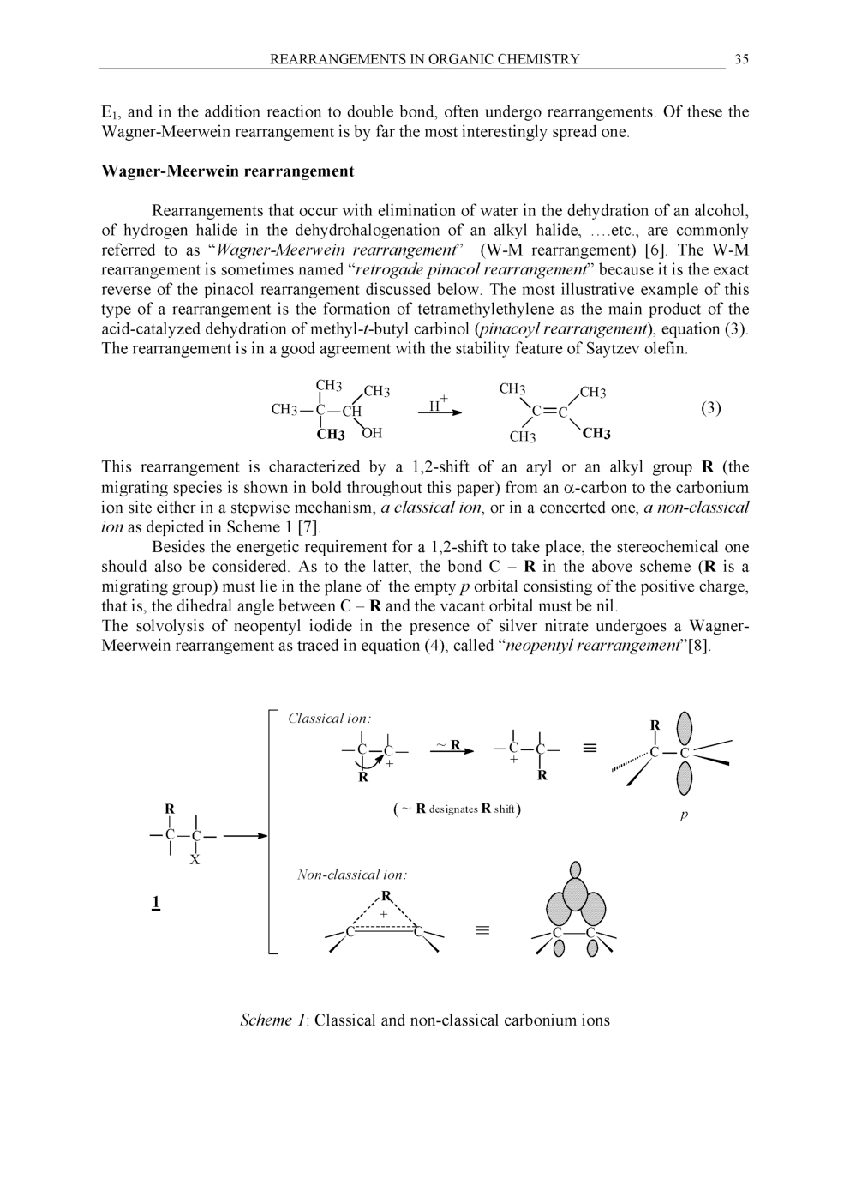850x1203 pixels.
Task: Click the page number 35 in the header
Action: click(741, 59)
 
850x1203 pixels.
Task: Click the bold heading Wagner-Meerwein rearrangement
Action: click(227, 171)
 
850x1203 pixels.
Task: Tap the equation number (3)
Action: click(710, 408)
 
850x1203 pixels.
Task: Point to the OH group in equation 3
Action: click(372, 433)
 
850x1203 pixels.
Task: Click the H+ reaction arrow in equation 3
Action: click(440, 411)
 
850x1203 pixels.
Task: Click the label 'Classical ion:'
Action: click(329, 719)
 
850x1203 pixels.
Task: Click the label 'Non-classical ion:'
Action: click(351, 875)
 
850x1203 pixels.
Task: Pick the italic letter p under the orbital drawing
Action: click(684, 815)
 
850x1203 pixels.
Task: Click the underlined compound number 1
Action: click(156, 902)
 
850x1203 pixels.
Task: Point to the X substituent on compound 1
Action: click(195, 860)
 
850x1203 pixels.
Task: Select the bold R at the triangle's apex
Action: click(386, 896)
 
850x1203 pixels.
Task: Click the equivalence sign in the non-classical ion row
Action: click(482, 930)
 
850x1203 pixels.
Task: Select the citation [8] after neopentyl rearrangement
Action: click(699, 646)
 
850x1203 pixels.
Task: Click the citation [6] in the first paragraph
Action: click(656, 250)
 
